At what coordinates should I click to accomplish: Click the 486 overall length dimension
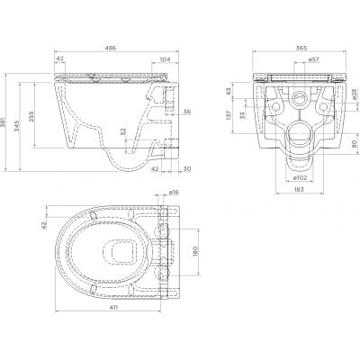pyautogui.click(x=110, y=48)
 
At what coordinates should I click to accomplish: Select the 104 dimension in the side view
pyautogui.click(x=164, y=59)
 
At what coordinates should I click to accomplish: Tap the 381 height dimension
pyautogui.click(x=3, y=122)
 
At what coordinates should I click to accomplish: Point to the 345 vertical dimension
pyautogui.click(x=16, y=127)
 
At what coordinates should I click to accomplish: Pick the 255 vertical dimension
pyautogui.click(x=31, y=117)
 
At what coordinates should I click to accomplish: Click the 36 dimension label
pyautogui.click(x=187, y=112)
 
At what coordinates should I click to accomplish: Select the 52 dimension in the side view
pyautogui.click(x=122, y=132)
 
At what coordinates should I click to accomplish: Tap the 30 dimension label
pyautogui.click(x=187, y=169)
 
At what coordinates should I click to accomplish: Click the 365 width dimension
pyautogui.click(x=301, y=48)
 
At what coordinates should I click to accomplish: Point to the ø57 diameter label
pyautogui.click(x=314, y=59)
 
